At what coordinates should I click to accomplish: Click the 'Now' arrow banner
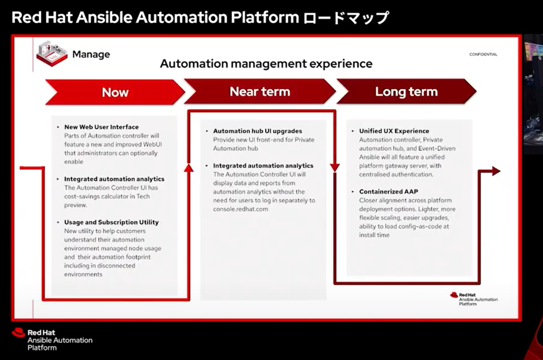click(115, 92)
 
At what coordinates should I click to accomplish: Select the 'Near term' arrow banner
click(260, 91)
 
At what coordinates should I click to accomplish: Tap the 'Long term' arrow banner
click(406, 91)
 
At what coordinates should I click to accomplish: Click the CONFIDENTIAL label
click(483, 54)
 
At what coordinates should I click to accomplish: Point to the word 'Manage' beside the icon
click(91, 54)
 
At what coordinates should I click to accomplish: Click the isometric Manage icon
click(52, 53)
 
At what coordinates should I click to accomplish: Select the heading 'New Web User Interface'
click(101, 127)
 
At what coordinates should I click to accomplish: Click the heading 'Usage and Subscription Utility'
click(111, 222)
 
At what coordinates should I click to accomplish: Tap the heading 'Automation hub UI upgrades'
click(257, 131)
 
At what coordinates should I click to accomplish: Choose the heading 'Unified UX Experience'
click(394, 131)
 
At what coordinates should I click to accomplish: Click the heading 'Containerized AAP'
click(389, 192)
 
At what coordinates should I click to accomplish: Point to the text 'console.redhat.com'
click(240, 209)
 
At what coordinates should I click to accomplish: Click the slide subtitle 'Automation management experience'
click(266, 64)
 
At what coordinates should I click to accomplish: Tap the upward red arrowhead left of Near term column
click(189, 168)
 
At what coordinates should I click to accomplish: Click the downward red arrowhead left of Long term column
click(335, 168)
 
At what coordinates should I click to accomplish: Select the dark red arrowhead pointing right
click(496, 171)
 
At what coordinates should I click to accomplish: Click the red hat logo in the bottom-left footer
click(19, 332)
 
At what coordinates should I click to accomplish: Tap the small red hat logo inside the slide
click(454, 295)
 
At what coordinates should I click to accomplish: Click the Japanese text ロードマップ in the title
click(347, 18)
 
